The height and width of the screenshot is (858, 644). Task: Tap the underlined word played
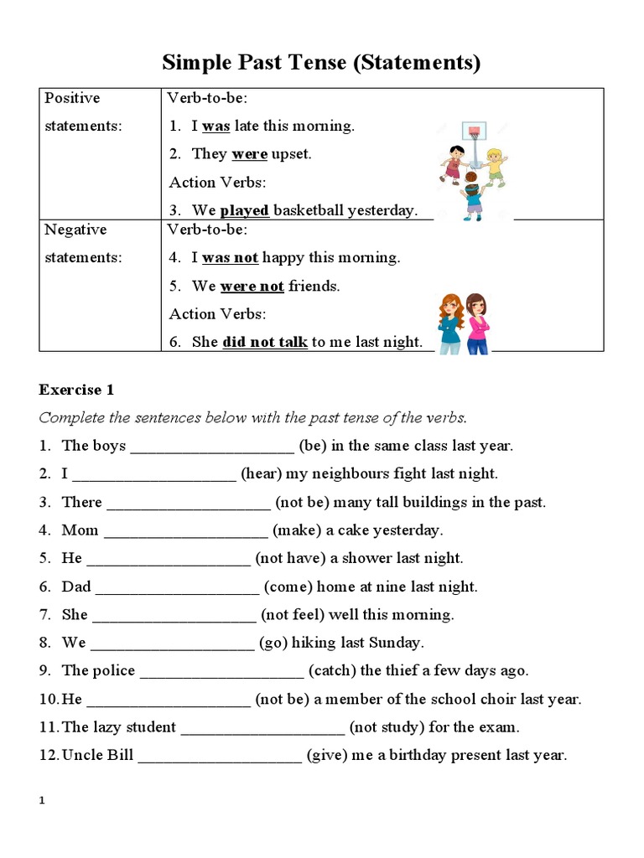click(x=244, y=210)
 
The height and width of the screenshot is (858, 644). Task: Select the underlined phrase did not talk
click(x=265, y=342)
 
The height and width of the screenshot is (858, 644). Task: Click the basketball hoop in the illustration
click(x=475, y=132)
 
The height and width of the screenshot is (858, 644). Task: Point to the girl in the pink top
click(x=479, y=323)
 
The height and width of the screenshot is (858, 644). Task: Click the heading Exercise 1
click(x=76, y=390)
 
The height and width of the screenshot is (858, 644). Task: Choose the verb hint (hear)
click(x=262, y=473)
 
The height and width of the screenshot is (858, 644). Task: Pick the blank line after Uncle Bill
click(x=219, y=756)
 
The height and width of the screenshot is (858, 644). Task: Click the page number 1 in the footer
click(x=42, y=801)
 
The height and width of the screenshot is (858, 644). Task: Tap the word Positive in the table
click(x=72, y=98)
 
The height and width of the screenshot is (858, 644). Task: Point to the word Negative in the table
click(x=75, y=230)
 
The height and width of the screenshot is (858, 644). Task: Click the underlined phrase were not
click(x=252, y=286)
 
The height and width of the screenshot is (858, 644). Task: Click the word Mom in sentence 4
click(x=80, y=530)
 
